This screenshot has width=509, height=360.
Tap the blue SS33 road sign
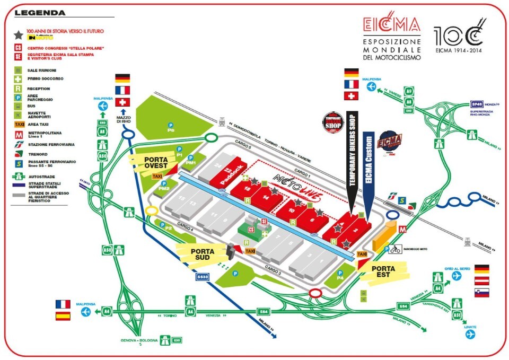[x=202, y=277]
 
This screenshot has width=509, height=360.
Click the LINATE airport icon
[x=470, y=335]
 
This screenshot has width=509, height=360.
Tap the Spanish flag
[x=63, y=316]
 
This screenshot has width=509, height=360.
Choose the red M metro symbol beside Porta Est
[x=402, y=230]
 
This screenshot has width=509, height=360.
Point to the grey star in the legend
[x=18, y=35]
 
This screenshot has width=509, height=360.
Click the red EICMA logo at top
[x=392, y=25]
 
